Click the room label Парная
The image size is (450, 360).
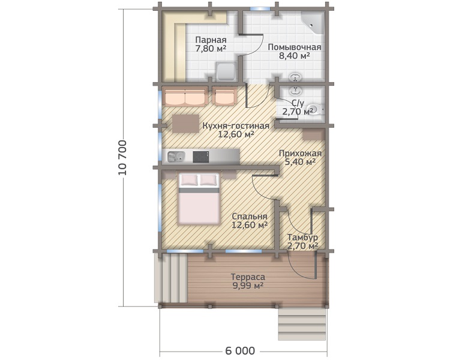(x=211, y=40)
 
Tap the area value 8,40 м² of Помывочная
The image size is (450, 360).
(x=295, y=55)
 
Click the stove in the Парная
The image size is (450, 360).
(x=226, y=72)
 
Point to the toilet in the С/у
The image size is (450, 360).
(x=315, y=109)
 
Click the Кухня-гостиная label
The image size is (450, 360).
(x=236, y=126)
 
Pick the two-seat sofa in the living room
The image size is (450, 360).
(x=185, y=97)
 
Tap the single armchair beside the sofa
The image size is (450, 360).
(x=225, y=97)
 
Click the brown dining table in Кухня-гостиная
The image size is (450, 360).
(x=185, y=124)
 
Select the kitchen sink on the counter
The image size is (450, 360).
(x=176, y=157)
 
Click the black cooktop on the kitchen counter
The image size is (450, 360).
(x=201, y=157)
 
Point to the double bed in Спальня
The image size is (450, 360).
(x=199, y=198)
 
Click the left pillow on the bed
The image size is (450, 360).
(x=188, y=180)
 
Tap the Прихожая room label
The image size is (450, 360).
(x=300, y=154)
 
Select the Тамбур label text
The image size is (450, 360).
(x=302, y=238)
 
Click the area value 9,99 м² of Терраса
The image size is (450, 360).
(x=248, y=286)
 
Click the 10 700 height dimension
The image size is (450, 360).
(x=122, y=158)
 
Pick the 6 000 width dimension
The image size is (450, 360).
(x=240, y=351)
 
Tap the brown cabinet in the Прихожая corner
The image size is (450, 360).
(x=313, y=134)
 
